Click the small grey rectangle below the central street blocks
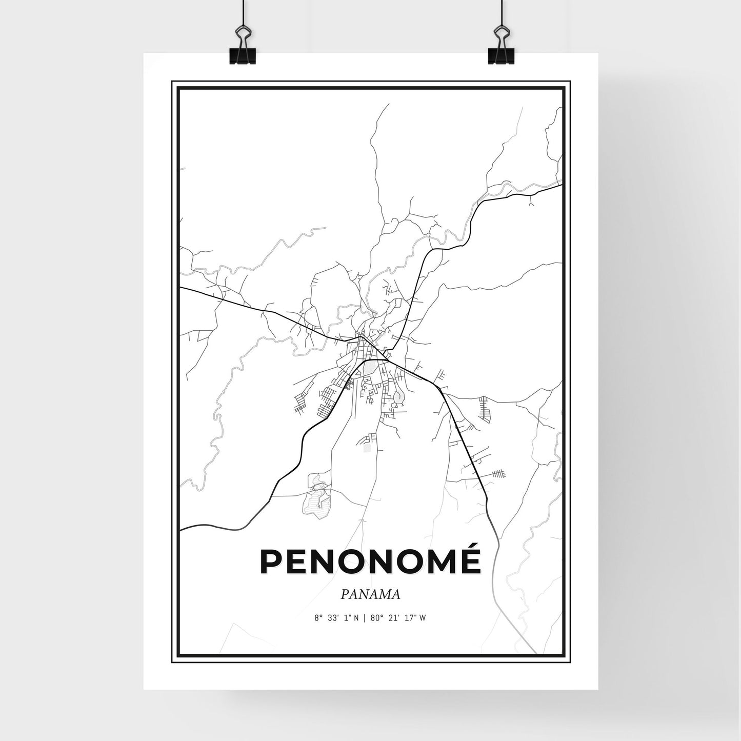tap(367, 448)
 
